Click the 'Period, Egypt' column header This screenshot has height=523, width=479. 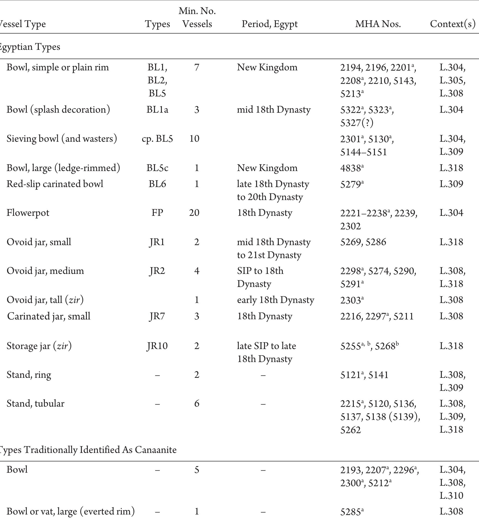pos(270,24)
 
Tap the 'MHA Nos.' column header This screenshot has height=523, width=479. pos(378,24)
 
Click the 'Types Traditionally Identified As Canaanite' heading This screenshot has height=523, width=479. pos(88,449)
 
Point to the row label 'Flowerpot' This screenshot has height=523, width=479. pos(28,213)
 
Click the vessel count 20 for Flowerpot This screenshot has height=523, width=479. pos(194,213)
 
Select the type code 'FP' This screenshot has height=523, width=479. pos(157,213)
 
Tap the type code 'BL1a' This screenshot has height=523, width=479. pos(157,109)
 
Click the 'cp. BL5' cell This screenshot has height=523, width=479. pos(157,138)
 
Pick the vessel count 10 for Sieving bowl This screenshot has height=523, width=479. pos(194,138)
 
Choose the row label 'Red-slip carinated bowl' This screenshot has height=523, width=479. pos(55,184)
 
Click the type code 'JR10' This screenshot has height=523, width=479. pos(157,346)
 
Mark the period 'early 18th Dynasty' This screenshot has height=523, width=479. pos(276,300)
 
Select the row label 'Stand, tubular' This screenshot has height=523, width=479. pos(35,403)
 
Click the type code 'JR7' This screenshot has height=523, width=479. pos(157,316)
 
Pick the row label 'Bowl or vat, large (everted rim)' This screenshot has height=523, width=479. pos(71,511)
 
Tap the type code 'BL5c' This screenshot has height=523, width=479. pos(157,168)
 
